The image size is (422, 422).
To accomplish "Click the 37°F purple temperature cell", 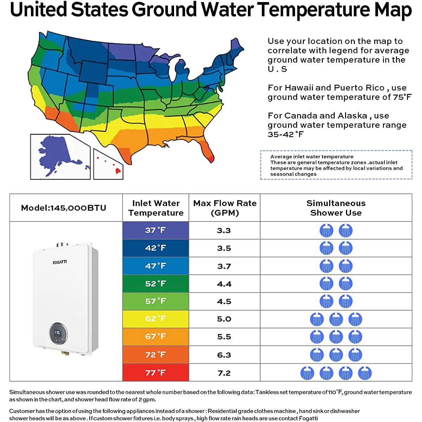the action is click(x=155, y=230).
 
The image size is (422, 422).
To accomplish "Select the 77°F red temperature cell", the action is click(x=155, y=372).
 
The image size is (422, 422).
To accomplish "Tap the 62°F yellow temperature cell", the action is click(x=155, y=319).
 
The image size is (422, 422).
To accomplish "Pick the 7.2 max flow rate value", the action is click(x=224, y=373).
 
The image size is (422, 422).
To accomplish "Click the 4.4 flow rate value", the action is click(x=224, y=284).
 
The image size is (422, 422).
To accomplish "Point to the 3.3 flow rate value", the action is click(x=224, y=230).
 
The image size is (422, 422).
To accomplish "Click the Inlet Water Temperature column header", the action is click(x=156, y=208).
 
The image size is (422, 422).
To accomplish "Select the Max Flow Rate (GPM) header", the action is click(x=225, y=208).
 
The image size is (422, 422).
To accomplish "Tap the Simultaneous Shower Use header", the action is click(x=336, y=208).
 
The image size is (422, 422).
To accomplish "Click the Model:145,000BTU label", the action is click(x=64, y=208).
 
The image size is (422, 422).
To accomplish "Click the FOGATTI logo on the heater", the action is click(x=59, y=262).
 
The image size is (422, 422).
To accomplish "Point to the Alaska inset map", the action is click(x=60, y=157).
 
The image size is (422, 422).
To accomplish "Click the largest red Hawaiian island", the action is click(x=118, y=171).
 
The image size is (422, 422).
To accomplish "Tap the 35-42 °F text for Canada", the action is click(x=286, y=134).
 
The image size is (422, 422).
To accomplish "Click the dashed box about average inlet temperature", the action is click(x=336, y=165).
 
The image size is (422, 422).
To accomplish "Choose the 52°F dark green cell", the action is click(x=155, y=283).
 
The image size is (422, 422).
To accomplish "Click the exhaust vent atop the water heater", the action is click(x=62, y=245).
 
